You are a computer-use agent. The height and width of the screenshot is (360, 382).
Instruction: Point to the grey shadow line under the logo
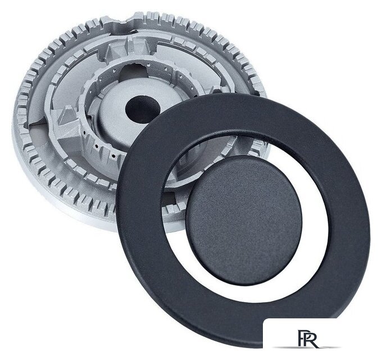tap(307, 347)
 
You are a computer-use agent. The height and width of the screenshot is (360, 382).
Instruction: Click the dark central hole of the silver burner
tap(143, 109)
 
